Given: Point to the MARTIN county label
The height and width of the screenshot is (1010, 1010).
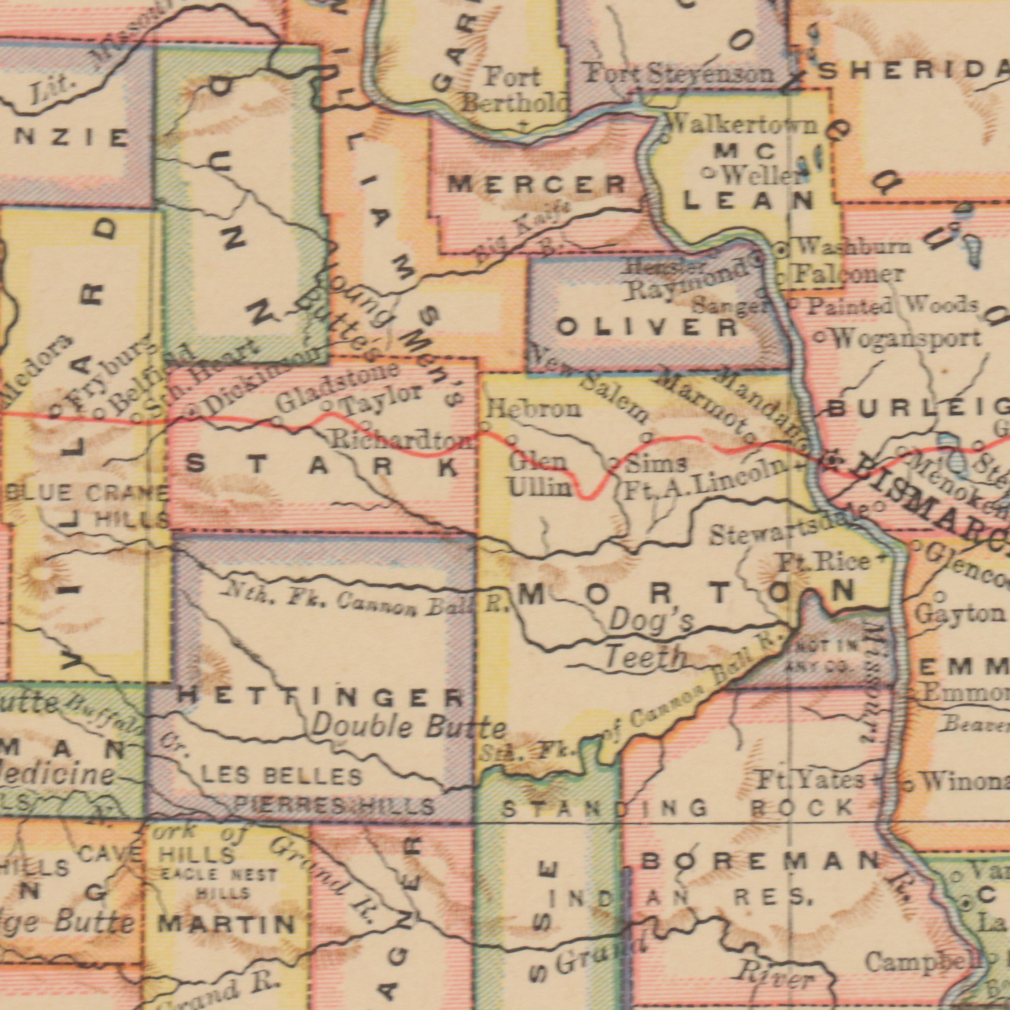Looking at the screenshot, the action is (226, 925).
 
